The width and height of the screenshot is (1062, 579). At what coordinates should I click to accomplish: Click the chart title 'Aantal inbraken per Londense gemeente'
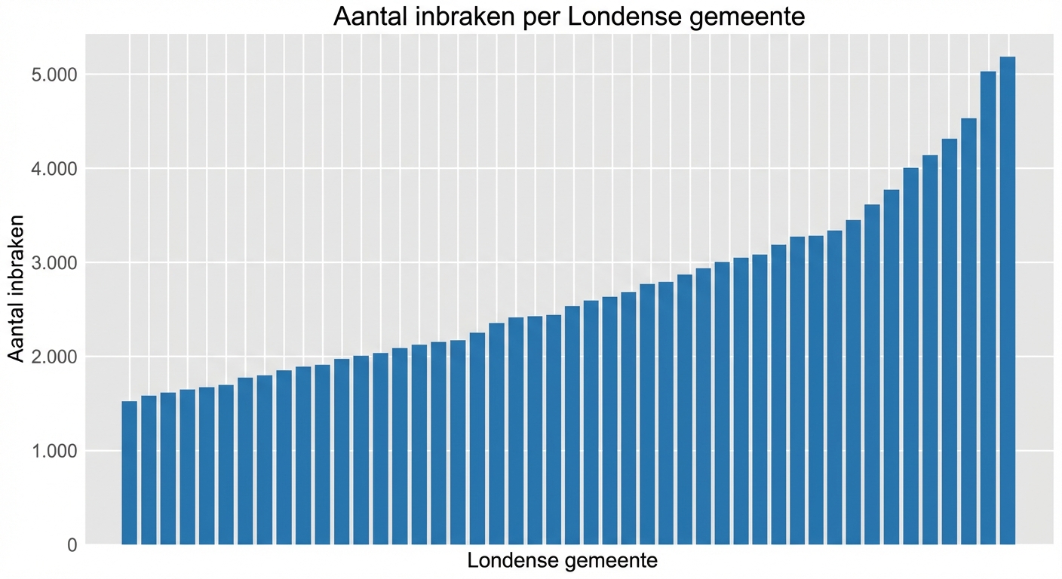pyautogui.click(x=569, y=17)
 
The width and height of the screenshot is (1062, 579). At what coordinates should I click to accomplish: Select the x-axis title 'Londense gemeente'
pyautogui.click(x=562, y=561)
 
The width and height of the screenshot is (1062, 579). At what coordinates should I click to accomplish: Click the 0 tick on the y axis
pyautogui.click(x=72, y=544)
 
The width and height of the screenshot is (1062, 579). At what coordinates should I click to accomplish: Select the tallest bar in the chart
pyautogui.click(x=1008, y=302)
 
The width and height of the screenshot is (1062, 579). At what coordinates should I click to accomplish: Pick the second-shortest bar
pyautogui.click(x=149, y=470)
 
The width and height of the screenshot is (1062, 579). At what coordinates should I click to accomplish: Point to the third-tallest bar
pyautogui.click(x=969, y=332)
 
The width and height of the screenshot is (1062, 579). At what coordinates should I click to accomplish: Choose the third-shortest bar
pyautogui.click(x=167, y=468)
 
